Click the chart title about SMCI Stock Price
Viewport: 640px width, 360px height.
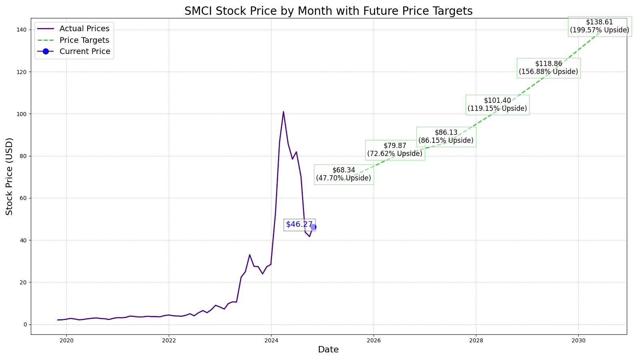(x=328, y=11)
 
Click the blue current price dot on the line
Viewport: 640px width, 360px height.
(x=313, y=227)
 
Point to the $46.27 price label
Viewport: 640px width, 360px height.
(x=299, y=224)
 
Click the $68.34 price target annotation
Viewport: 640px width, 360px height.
(x=344, y=174)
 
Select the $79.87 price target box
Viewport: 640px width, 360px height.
(x=395, y=150)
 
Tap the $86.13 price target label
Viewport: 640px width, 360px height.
(x=446, y=137)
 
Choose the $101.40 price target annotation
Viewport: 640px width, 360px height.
(x=497, y=105)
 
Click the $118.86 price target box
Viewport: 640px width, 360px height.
(x=548, y=68)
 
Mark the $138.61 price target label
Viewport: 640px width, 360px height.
(x=599, y=26)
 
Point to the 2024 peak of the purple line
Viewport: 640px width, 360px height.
(x=283, y=112)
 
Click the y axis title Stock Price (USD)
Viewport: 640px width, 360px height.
(x=10, y=176)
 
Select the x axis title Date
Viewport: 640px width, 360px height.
(x=328, y=350)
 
